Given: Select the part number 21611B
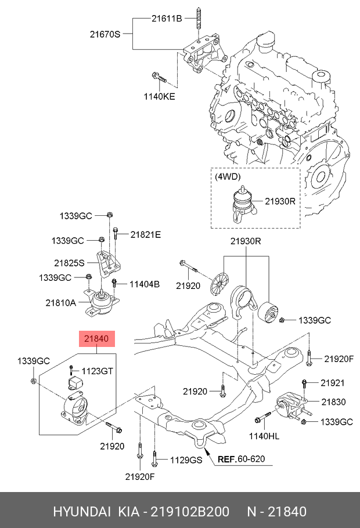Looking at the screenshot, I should (167, 19).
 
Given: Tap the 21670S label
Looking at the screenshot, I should (105, 34).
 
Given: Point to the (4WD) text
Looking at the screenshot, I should (227, 176).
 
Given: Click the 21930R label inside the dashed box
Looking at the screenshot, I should (280, 202).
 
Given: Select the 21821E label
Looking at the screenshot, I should (145, 234).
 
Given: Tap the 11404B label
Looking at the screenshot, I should (145, 284).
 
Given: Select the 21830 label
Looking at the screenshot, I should (334, 402).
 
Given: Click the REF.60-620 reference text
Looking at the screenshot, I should (241, 459).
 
